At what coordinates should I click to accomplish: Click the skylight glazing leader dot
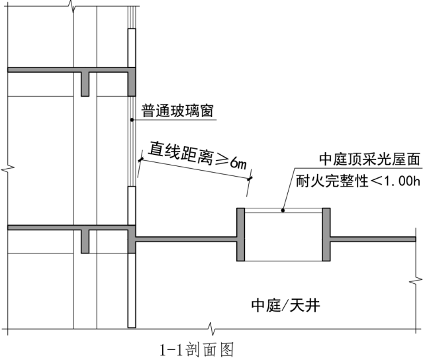[283, 211]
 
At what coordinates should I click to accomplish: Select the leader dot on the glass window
[132, 120]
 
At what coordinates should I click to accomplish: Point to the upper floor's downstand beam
[85, 83]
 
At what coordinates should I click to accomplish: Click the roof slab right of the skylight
[374, 239]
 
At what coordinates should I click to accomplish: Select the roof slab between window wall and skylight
[186, 240]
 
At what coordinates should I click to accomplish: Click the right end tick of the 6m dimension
[250, 177]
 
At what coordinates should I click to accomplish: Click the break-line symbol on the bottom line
[210, 328]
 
